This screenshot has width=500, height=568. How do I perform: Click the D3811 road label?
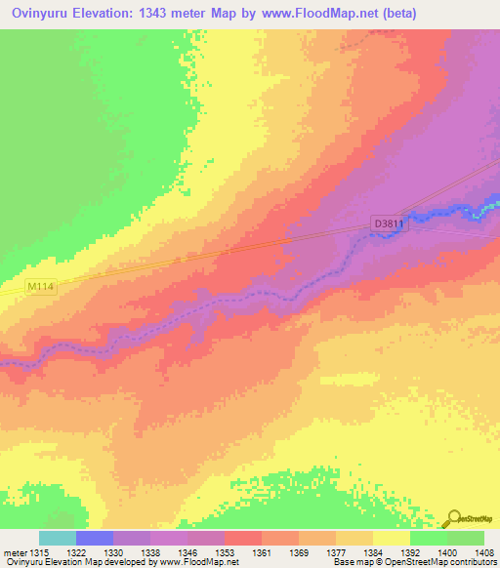click(389, 223)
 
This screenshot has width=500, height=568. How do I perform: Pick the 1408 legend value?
click(484, 553)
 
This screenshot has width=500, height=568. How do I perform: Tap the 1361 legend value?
click(262, 553)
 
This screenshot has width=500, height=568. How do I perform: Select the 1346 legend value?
click(187, 553)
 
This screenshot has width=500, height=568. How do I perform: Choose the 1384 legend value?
click(373, 553)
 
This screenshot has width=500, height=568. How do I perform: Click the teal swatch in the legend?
click(58, 538)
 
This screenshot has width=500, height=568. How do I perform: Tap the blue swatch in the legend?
click(95, 538)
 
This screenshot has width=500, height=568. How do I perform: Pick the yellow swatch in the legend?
click(391, 538)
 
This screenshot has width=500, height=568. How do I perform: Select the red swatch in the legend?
click(242, 538)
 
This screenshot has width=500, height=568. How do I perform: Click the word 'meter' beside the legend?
click(15, 553)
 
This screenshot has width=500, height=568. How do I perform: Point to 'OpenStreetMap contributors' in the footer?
click(449, 563)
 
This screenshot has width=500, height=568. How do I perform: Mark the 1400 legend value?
click(447, 553)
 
